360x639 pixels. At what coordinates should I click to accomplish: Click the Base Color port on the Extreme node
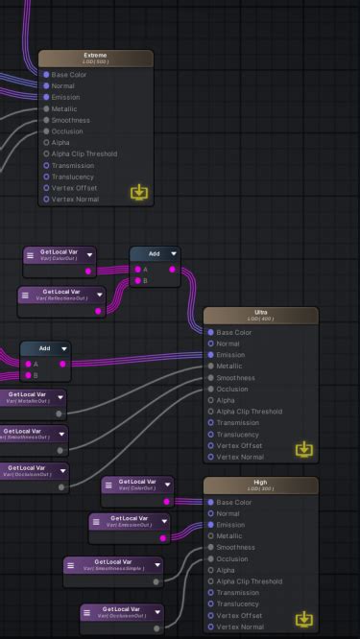click(x=46, y=74)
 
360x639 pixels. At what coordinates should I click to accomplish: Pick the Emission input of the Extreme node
click(x=46, y=97)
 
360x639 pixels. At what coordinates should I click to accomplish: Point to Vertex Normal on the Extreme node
click(x=46, y=200)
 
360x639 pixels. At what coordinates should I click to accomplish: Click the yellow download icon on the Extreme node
click(x=140, y=192)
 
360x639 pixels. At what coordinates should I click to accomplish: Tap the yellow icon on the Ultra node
click(x=304, y=449)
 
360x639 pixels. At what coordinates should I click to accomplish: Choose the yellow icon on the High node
click(x=304, y=619)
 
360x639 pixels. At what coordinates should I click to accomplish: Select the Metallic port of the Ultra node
click(x=211, y=367)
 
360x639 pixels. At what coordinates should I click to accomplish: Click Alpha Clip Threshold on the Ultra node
click(x=211, y=412)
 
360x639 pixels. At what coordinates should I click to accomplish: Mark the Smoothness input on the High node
click(x=211, y=547)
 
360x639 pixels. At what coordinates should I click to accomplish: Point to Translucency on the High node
click(x=211, y=603)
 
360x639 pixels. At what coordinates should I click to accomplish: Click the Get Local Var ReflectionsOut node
click(x=61, y=294)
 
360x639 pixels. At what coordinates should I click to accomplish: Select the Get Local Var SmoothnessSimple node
click(x=113, y=564)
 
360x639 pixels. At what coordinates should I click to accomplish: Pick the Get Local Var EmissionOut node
click(x=129, y=521)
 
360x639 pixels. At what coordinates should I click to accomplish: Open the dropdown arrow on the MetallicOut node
click(x=60, y=396)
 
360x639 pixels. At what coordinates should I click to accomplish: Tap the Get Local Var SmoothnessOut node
click(x=29, y=434)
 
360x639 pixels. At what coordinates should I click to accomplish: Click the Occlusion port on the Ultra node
click(x=211, y=390)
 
